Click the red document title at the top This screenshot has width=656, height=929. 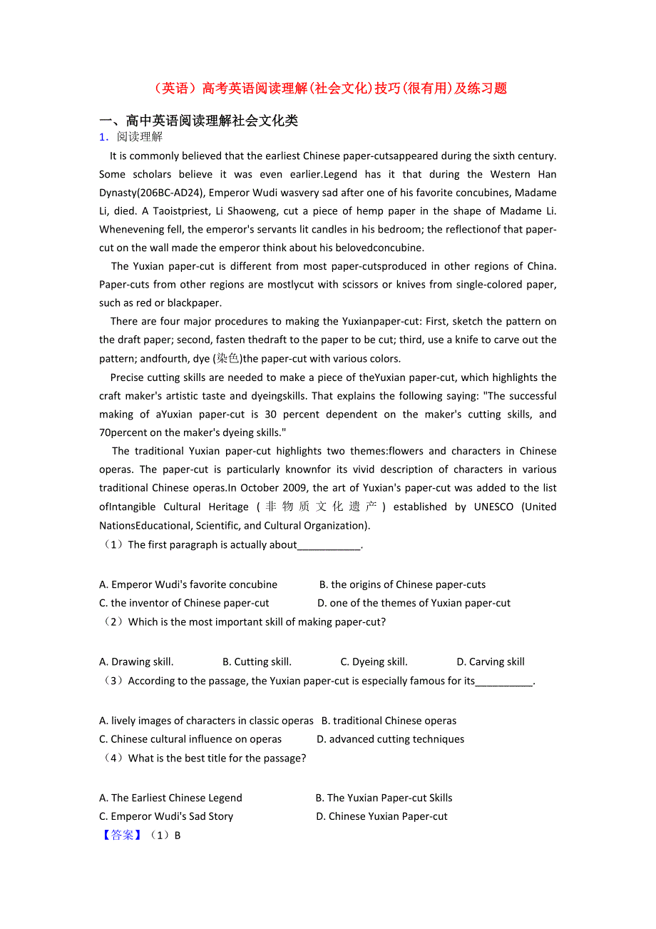click(329, 88)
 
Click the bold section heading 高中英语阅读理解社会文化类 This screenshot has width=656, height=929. click(199, 121)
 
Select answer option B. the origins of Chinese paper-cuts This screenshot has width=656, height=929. click(402, 584)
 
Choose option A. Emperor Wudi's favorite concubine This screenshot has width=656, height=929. click(188, 584)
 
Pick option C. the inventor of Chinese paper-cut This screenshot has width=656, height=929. click(184, 603)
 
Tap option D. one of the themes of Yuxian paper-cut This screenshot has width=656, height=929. click(414, 603)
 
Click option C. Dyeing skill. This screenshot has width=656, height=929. click(374, 661)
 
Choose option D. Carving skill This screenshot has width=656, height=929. click(491, 661)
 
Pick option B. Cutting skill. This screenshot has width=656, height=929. click(257, 661)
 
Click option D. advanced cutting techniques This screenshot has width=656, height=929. click(390, 739)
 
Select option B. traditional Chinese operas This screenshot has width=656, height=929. click(389, 721)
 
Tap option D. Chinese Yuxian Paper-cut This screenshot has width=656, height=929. click(381, 816)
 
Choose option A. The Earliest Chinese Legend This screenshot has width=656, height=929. click(170, 798)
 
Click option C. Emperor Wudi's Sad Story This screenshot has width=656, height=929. click(166, 816)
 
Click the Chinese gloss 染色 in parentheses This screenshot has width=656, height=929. click(228, 359)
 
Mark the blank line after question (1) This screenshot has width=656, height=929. click(329, 545)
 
